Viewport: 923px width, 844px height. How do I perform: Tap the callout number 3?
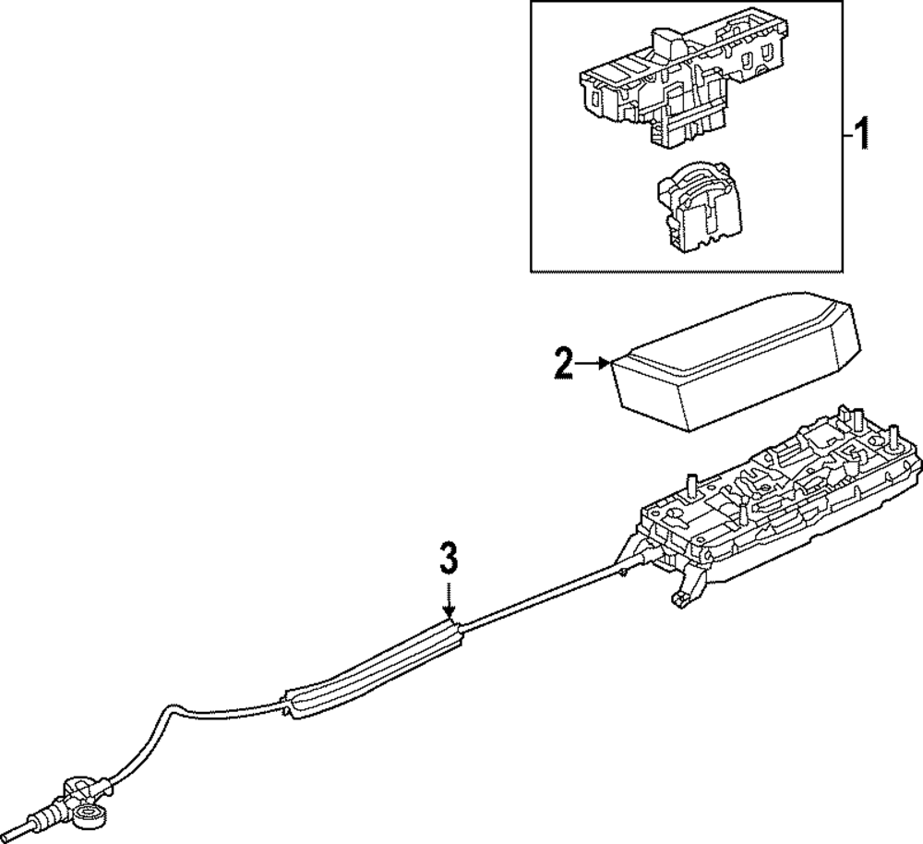(448, 559)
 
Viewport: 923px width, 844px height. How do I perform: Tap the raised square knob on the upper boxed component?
(665, 42)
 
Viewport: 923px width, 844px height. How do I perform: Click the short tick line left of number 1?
(846, 136)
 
